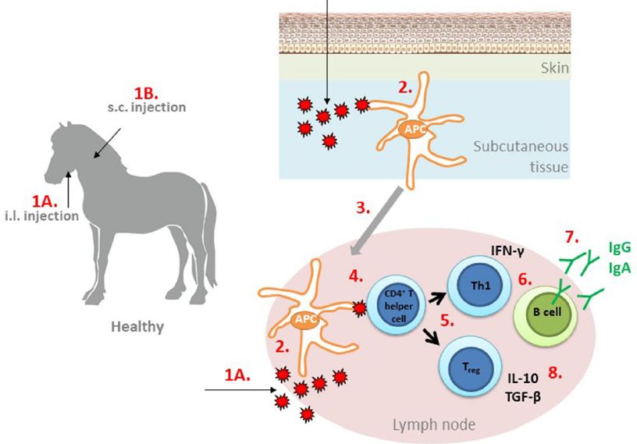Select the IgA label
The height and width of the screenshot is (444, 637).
pyautogui.click(x=618, y=267)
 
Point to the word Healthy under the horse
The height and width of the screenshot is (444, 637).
pyautogui.click(x=141, y=327)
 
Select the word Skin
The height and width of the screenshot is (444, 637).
pyautogui.click(x=553, y=68)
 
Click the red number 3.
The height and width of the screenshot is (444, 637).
pyautogui.click(x=363, y=208)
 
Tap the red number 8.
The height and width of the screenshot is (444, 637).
pyautogui.click(x=555, y=371)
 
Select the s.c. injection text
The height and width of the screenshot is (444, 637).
pyautogui.click(x=148, y=106)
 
